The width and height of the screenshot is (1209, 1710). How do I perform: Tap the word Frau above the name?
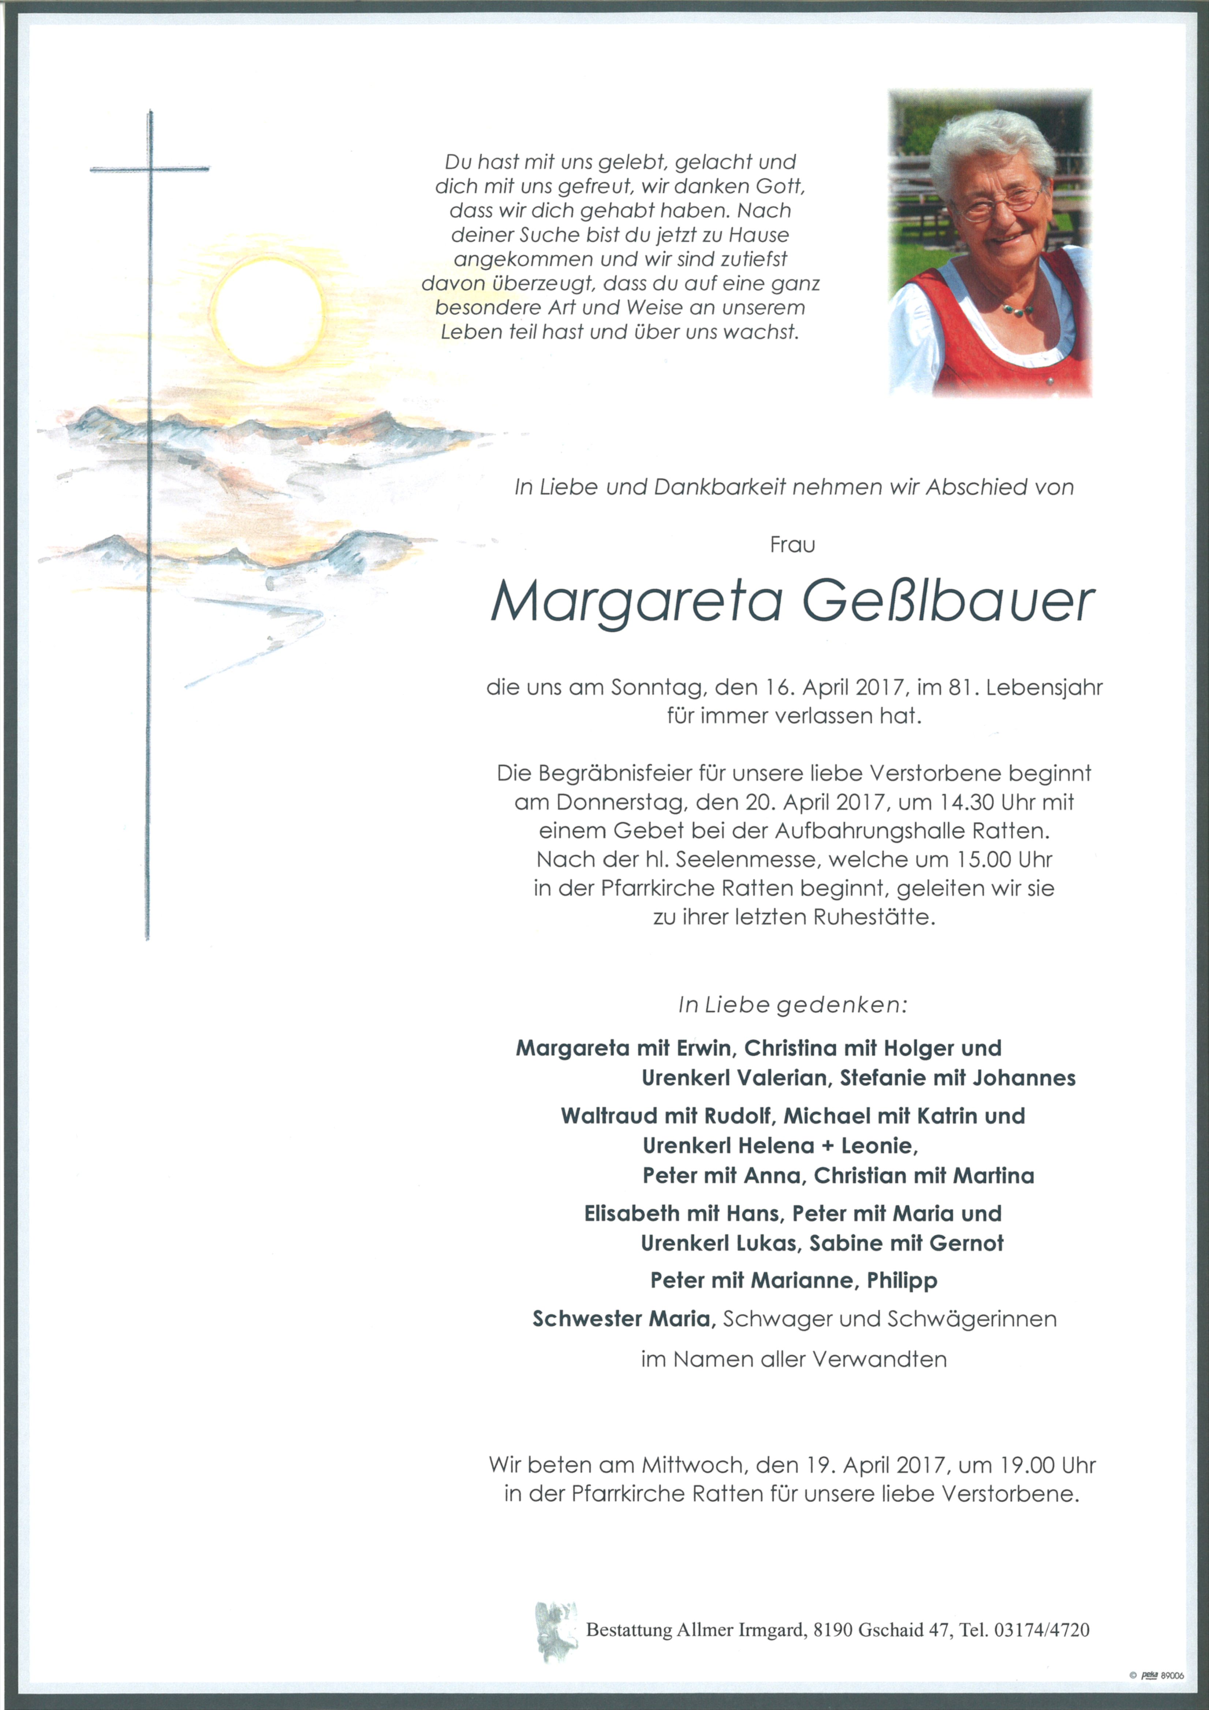point(792,545)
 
